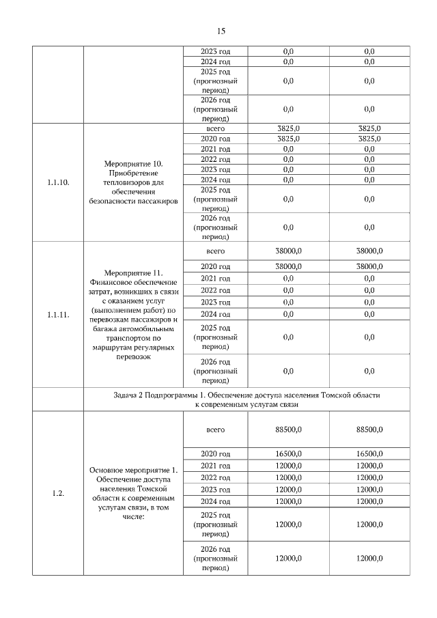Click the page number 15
pyautogui.click(x=221, y=31)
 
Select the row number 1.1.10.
pyautogui.click(x=58, y=183)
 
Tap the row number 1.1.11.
pyautogui.click(x=58, y=315)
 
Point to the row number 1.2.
pyautogui.click(x=58, y=494)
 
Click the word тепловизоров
pyautogui.click(x=133, y=183)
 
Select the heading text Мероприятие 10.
pyautogui.click(x=133, y=165)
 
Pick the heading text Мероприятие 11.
pyautogui.click(x=133, y=273)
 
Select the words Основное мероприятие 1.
pyautogui.click(x=133, y=470)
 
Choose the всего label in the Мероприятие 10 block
pyautogui.click(x=215, y=128)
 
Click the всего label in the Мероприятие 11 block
pyautogui.click(x=215, y=251)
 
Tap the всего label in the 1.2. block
pyautogui.click(x=215, y=430)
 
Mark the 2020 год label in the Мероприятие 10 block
pyautogui.click(x=215, y=139)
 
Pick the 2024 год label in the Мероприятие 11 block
pyautogui.click(x=215, y=314)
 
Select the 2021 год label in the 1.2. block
pyautogui.click(x=215, y=465)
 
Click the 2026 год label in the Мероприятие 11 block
pyautogui.click(x=215, y=361)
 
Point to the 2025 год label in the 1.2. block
pyautogui.click(x=215, y=515)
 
